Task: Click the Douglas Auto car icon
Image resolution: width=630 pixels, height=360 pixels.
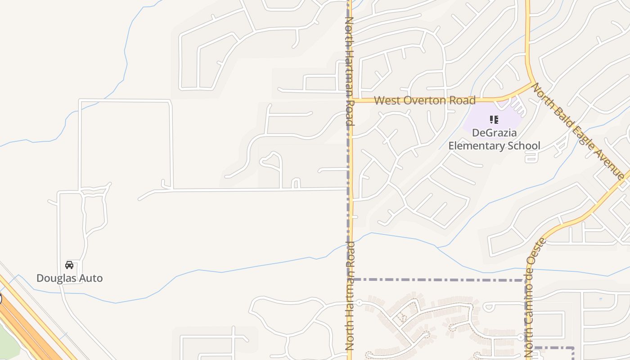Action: (69, 265)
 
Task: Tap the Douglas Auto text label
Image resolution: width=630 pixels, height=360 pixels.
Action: (69, 278)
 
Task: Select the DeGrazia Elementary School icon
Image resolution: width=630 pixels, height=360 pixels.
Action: (494, 120)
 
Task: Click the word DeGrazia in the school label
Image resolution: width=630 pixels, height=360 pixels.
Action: (494, 133)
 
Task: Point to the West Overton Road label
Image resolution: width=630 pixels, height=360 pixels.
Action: (424, 100)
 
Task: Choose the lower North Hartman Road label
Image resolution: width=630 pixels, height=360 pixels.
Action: (350, 296)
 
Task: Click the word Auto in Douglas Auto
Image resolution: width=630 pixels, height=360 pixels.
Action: (92, 278)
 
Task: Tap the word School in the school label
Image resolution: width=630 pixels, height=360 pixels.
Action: (525, 146)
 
